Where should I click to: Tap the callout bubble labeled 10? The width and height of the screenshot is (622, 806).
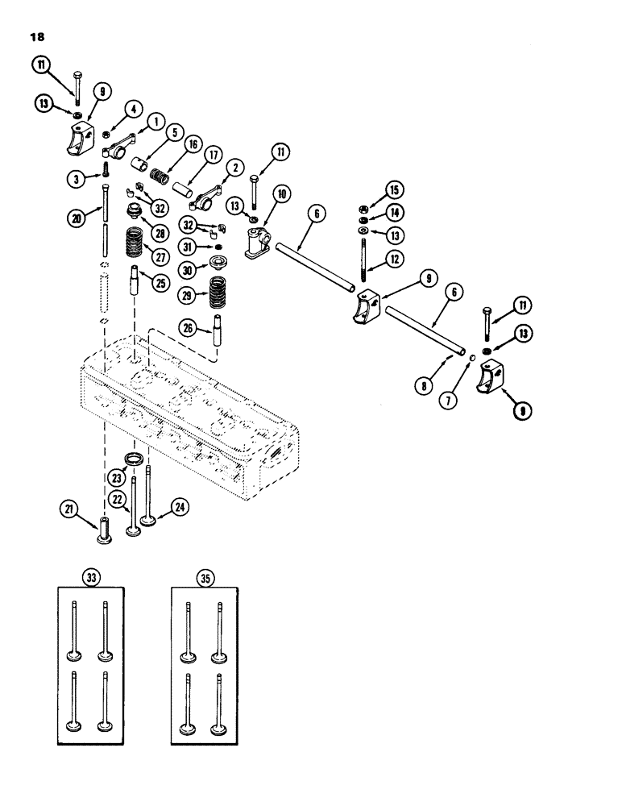(x=281, y=193)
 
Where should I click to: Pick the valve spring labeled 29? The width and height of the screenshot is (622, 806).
(x=217, y=292)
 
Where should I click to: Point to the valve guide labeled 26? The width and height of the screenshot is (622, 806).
(x=217, y=331)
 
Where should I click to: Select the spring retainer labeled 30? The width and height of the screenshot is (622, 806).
(x=217, y=263)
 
